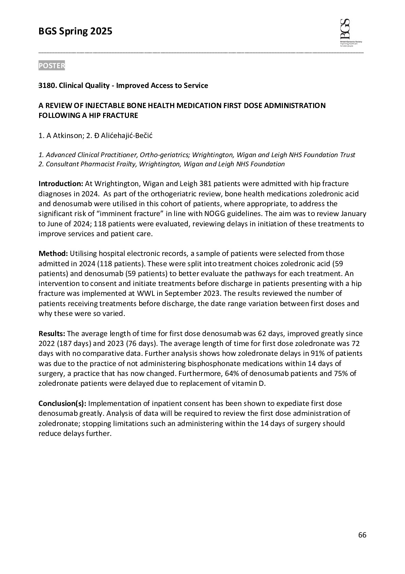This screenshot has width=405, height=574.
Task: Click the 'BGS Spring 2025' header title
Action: tap(75, 32)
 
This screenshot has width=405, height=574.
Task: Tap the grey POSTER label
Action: tap(52, 66)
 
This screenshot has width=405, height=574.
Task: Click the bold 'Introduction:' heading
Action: tap(61, 184)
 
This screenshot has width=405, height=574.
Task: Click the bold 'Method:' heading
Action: tap(53, 254)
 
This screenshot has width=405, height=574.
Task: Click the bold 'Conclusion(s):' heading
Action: tap(63, 404)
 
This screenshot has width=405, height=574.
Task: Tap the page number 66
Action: tap(362, 535)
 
